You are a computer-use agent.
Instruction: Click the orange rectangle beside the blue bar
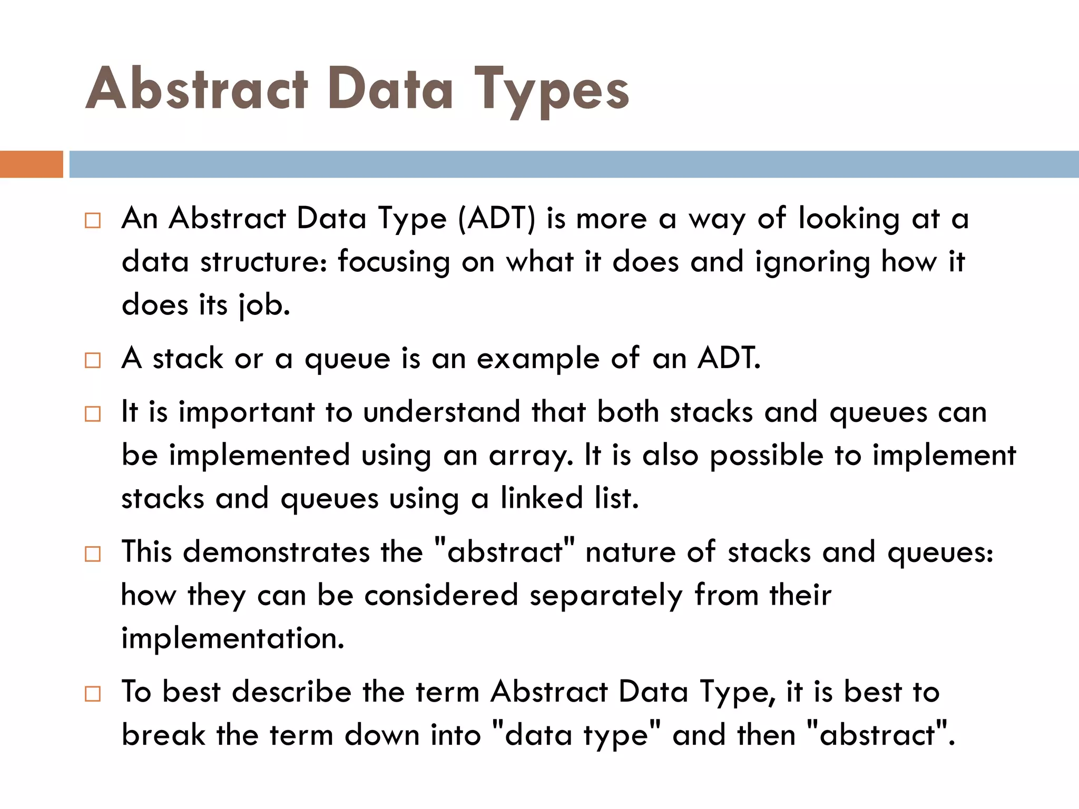(31, 164)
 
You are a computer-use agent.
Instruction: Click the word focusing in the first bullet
(394, 262)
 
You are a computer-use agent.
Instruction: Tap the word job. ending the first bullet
(264, 305)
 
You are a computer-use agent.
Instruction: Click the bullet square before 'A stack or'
(93, 361)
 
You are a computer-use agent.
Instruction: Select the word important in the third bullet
(246, 412)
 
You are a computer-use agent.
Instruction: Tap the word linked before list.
(541, 498)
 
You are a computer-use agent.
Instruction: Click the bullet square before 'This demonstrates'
(93, 554)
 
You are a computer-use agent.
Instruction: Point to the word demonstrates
(276, 553)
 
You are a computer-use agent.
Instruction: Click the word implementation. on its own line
(232, 639)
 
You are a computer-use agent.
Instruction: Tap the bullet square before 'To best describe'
(93, 694)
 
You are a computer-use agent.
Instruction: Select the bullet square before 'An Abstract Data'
(93, 221)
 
